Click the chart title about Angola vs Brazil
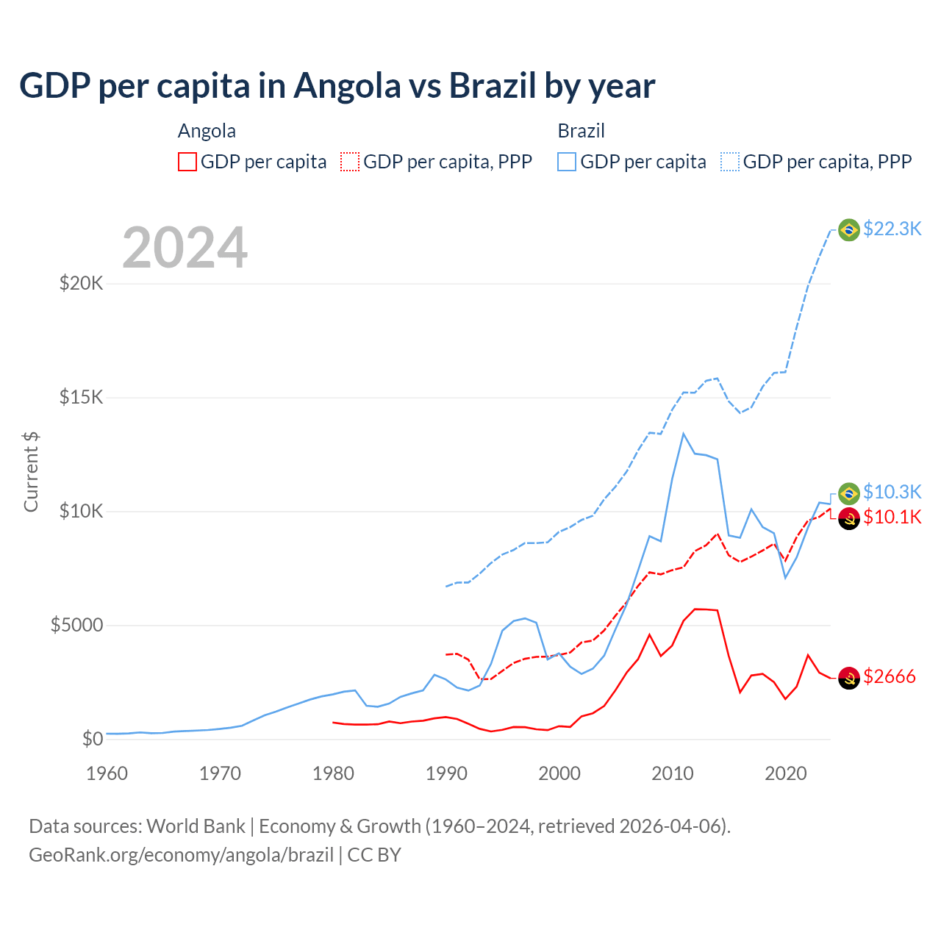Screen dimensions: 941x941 (x=337, y=86)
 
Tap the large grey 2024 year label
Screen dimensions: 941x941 (x=185, y=248)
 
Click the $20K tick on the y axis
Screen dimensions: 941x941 (x=81, y=283)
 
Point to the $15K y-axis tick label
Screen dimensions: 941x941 (x=81, y=397)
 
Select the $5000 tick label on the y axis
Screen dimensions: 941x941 (x=76, y=625)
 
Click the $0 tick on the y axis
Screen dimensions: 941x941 (x=92, y=739)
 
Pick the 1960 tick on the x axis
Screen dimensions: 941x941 (x=107, y=773)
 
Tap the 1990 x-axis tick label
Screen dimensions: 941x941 (x=446, y=773)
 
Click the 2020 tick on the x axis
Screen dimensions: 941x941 (x=786, y=773)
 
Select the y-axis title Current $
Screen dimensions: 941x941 (x=31, y=471)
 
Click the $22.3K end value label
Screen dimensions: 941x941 (x=892, y=229)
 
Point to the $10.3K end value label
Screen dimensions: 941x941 (x=892, y=492)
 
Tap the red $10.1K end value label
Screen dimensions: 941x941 (x=892, y=517)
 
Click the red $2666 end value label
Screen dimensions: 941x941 (x=889, y=676)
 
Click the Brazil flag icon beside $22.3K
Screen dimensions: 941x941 (x=849, y=230)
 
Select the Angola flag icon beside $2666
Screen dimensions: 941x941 (x=849, y=678)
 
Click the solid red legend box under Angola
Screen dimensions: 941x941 (x=187, y=162)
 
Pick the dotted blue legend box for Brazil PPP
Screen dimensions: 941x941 (x=730, y=162)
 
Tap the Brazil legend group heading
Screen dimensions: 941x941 (x=581, y=131)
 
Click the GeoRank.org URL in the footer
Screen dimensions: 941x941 (x=181, y=855)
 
